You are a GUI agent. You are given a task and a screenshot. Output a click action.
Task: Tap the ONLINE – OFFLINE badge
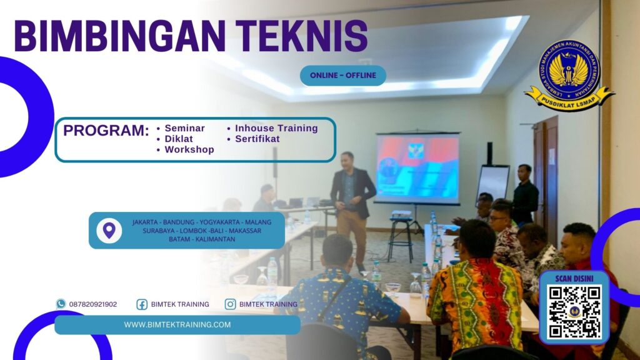coord(343,76)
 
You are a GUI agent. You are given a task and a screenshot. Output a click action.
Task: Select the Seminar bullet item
coord(184,128)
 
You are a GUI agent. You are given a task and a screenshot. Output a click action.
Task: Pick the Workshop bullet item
coord(189,149)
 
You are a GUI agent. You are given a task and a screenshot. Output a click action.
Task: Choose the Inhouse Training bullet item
coord(276,128)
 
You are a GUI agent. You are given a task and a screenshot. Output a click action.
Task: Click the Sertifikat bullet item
coord(257,139)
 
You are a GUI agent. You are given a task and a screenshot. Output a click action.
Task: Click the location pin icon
coord(109,231)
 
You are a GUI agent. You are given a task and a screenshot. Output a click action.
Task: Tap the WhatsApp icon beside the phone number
coord(61,304)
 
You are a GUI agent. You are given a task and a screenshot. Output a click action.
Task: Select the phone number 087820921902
coord(93,304)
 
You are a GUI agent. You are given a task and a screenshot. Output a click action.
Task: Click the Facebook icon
coord(142,304)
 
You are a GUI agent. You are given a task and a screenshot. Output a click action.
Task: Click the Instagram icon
coord(230,304)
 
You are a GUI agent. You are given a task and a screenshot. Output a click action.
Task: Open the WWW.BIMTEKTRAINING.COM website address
coord(177,324)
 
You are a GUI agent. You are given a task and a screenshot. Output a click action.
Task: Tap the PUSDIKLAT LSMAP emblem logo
coord(569,75)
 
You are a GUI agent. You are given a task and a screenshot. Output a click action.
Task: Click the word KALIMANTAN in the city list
coord(214,239)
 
